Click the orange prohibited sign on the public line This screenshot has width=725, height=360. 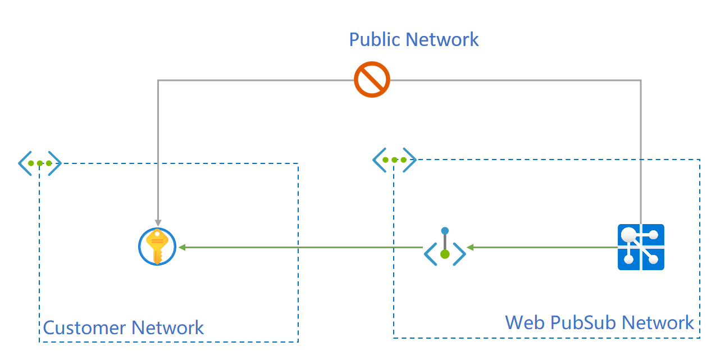click(x=372, y=80)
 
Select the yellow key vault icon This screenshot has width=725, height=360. click(x=157, y=247)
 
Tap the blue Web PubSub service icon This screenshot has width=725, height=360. click(x=641, y=247)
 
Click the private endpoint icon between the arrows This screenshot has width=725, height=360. click(x=445, y=248)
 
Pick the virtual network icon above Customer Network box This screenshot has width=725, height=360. click(x=39, y=163)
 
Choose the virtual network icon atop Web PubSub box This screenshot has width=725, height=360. click(x=394, y=160)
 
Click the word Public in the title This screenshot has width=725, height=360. click(x=375, y=40)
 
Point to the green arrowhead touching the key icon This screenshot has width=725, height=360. click(x=182, y=247)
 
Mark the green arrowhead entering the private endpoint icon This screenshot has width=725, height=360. click(x=471, y=247)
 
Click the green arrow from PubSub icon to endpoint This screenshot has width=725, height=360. click(x=545, y=247)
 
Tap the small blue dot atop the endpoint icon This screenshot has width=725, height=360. click(x=445, y=230)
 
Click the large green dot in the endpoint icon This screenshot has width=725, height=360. click(x=445, y=254)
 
